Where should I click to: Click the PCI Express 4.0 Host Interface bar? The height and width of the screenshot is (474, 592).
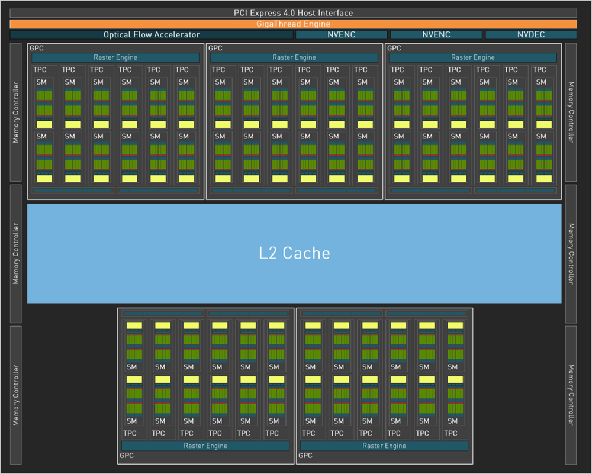(294, 13)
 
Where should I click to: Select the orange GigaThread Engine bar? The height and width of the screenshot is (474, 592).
(294, 24)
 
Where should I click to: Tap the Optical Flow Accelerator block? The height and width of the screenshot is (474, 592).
(152, 35)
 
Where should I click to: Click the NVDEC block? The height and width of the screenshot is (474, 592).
(531, 35)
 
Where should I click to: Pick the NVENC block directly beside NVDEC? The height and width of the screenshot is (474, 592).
(436, 35)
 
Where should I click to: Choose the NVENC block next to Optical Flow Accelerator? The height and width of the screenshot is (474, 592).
(342, 35)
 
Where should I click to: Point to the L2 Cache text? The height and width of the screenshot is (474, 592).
(294, 253)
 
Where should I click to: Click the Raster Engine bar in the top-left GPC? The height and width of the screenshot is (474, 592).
(115, 57)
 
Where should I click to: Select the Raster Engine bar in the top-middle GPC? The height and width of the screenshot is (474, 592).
(294, 57)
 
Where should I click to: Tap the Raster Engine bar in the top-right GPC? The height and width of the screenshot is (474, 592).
(473, 57)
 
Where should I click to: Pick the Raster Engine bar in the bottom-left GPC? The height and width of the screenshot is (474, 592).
(205, 446)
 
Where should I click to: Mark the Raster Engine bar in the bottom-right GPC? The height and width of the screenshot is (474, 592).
(384, 446)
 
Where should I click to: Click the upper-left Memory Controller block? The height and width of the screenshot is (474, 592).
(16, 112)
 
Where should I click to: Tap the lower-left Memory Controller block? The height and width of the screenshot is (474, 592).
(16, 395)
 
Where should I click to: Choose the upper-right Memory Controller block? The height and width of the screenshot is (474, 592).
(571, 112)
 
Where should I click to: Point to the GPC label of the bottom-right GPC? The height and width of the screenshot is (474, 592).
(305, 456)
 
